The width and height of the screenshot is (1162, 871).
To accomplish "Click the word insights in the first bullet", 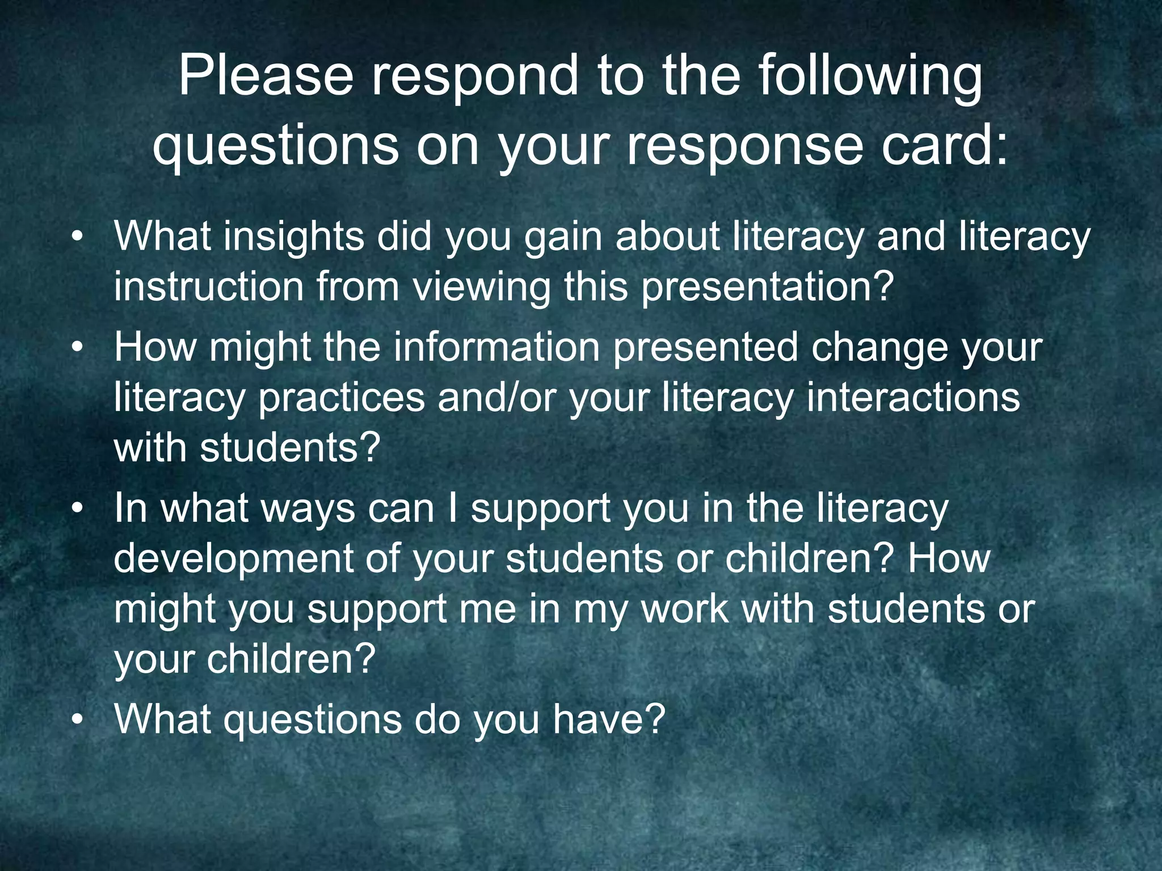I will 293,236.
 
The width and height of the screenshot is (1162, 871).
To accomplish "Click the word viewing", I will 481,286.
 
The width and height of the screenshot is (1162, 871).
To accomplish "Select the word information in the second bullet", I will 496,347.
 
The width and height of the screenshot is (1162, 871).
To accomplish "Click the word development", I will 233,559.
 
